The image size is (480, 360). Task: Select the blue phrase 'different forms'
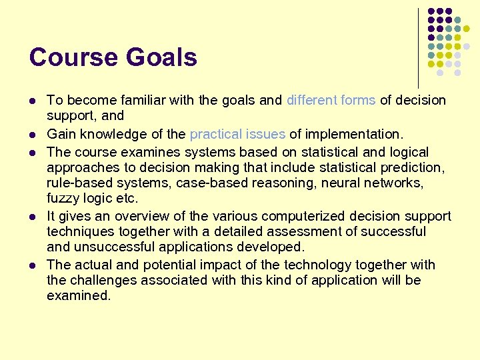(331, 100)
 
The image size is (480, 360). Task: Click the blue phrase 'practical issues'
(237, 135)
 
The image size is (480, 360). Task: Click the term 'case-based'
(203, 183)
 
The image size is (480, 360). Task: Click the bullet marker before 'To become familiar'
(33, 101)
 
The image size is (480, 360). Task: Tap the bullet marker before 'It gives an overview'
(33, 217)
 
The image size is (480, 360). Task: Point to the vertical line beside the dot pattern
(418, 47)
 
